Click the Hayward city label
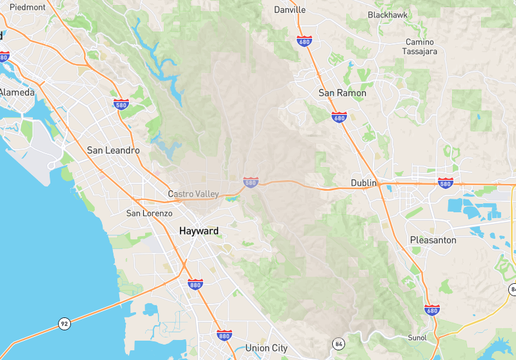pos(199,231)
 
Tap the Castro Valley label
pos(193,194)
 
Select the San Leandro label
pos(114,150)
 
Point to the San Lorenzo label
pos(149,214)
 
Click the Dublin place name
pos(363,183)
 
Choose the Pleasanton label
pos(433,240)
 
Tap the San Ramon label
pos(342,93)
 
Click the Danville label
pos(290,10)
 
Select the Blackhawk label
pos(388,15)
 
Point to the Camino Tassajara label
pos(419,46)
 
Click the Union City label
pos(266,348)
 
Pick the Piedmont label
pos(28,7)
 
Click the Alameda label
pos(17,93)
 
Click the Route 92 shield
pos(64,324)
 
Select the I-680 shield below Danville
pos(305,41)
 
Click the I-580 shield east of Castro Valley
pos(251,183)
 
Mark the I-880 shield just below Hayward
pos(195,284)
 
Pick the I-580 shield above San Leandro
pos(121,104)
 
